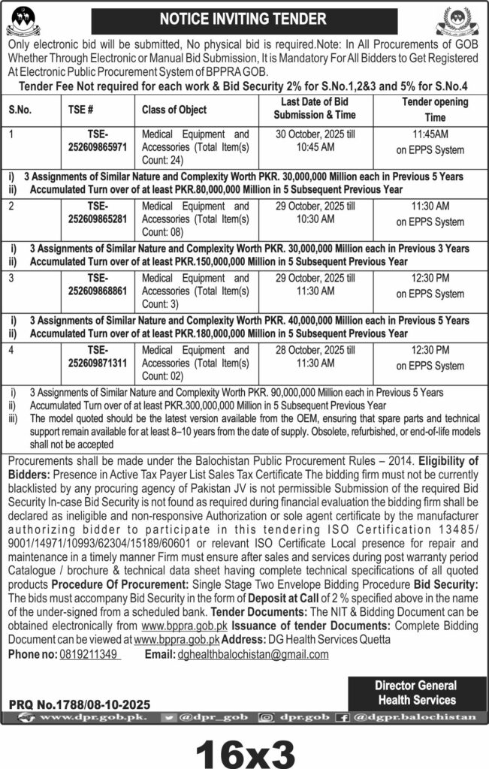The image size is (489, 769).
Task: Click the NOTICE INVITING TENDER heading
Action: [x=244, y=17]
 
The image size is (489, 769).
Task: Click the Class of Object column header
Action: [x=174, y=110]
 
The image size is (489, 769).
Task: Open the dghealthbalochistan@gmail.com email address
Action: [x=258, y=654]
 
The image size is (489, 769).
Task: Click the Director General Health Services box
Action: [x=415, y=692]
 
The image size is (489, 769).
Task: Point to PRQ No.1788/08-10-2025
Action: [x=80, y=704]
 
